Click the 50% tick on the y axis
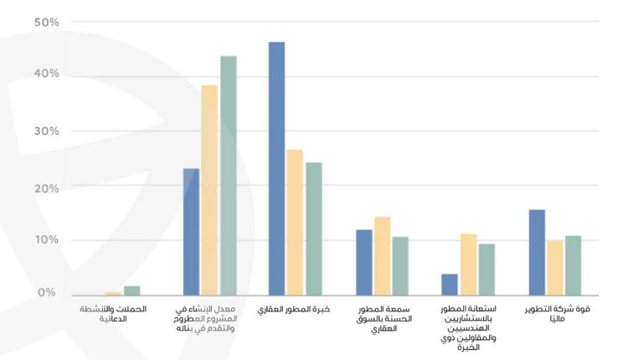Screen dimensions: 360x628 [x=47, y=23]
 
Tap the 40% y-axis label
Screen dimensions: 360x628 [x=47, y=75]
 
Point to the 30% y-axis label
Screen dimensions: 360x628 [x=47, y=131]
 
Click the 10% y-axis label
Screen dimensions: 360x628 [x=47, y=240]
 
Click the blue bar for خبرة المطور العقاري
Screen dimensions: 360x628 [x=276, y=168]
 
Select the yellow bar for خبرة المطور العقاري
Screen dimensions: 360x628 [x=295, y=222]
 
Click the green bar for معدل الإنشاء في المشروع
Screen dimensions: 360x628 [x=228, y=175]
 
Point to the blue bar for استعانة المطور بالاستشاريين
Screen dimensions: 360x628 [x=450, y=285]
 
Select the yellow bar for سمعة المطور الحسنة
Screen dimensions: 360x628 [x=382, y=255]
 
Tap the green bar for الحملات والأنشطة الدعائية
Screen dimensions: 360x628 [x=132, y=291]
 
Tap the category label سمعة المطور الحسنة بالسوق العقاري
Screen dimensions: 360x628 [x=382, y=319]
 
